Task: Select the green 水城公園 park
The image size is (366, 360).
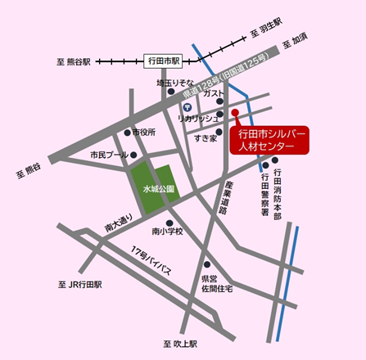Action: point(152,187)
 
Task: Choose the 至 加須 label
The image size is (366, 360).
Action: point(294,41)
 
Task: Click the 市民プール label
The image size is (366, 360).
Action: point(109,154)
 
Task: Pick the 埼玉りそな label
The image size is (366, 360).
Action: point(174,83)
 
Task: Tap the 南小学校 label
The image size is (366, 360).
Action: point(168,232)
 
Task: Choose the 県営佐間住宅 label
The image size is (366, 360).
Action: point(217,283)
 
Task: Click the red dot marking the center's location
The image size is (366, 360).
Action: point(234,112)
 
